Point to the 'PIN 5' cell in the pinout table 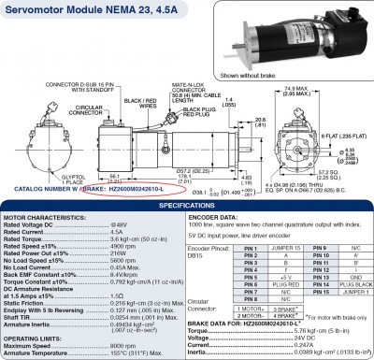[x=250, y=277]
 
